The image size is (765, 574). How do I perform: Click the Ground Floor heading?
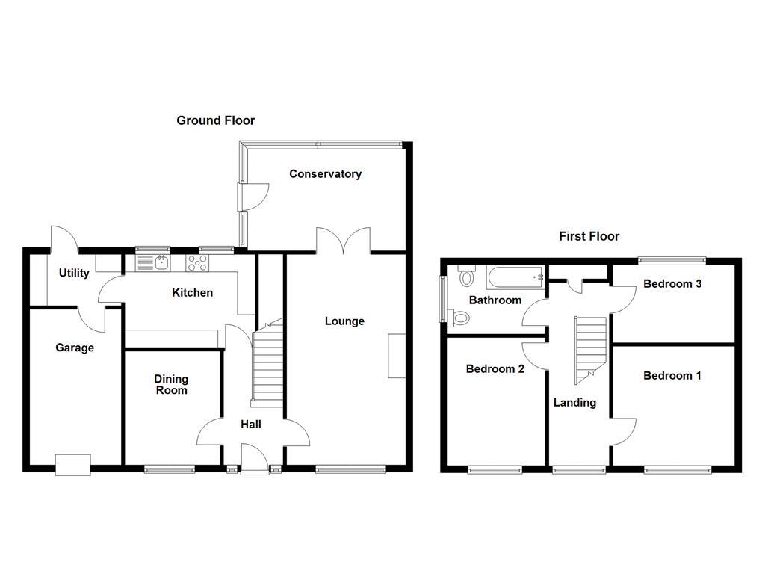[x=215, y=120]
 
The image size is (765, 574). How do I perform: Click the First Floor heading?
[x=589, y=236]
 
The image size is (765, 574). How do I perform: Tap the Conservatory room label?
[x=325, y=174]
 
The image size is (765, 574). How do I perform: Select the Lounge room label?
[x=344, y=321]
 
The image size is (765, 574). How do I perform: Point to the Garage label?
[x=75, y=348]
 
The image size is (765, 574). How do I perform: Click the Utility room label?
[x=74, y=273]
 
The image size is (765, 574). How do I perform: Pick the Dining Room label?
[x=171, y=384]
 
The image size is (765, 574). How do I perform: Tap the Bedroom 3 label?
[x=672, y=284]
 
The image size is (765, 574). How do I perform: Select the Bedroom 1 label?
[x=672, y=376]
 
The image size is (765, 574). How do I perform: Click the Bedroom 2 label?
[x=495, y=369]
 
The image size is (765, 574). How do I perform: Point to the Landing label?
[x=574, y=403]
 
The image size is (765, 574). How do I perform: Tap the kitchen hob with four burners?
[x=198, y=262]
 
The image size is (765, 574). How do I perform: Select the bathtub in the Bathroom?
[x=515, y=277]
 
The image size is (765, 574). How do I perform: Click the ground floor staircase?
[x=267, y=366]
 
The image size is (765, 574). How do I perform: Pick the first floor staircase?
[x=588, y=348]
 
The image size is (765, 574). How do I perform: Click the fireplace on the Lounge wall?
[x=396, y=356]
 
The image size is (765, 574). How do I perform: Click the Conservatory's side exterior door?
[x=252, y=197]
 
